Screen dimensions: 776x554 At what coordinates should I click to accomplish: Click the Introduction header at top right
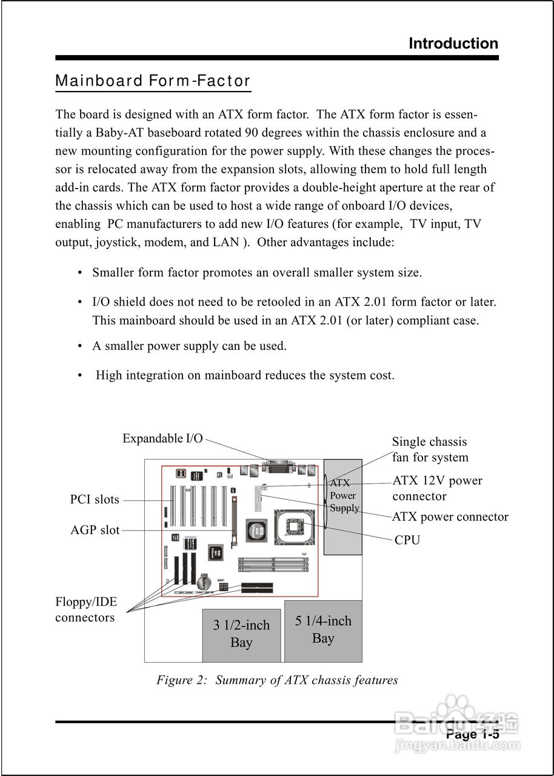pyautogui.click(x=453, y=44)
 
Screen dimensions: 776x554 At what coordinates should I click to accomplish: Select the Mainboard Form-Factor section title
pyautogui.click(x=153, y=81)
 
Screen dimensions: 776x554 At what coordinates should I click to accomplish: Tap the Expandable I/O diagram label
pyautogui.click(x=162, y=438)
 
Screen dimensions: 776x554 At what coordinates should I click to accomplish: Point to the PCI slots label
pyautogui.click(x=95, y=500)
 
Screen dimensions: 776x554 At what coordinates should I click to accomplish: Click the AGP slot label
pyautogui.click(x=95, y=530)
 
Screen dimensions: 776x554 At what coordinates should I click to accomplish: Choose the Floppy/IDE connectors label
pyautogui.click(x=85, y=610)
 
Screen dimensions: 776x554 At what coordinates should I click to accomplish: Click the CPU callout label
pyautogui.click(x=407, y=540)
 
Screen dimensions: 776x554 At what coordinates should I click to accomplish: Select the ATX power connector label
pyautogui.click(x=450, y=517)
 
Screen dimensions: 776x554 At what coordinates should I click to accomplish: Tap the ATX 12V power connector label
pyautogui.click(x=437, y=488)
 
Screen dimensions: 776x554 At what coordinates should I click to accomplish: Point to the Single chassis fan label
pyautogui.click(x=430, y=450)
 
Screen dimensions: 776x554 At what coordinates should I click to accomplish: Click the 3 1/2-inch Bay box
pyautogui.click(x=241, y=634)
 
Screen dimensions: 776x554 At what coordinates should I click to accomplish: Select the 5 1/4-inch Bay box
pyautogui.click(x=323, y=630)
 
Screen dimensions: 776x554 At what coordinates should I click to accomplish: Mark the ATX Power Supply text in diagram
pyautogui.click(x=344, y=496)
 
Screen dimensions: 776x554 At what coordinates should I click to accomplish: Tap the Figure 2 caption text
pyautogui.click(x=277, y=680)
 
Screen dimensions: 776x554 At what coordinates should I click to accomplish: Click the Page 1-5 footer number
pyautogui.click(x=472, y=735)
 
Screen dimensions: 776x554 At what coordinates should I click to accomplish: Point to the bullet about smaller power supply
pyautogui.click(x=189, y=346)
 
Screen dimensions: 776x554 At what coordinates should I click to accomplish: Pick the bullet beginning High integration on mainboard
pyautogui.click(x=245, y=375)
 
